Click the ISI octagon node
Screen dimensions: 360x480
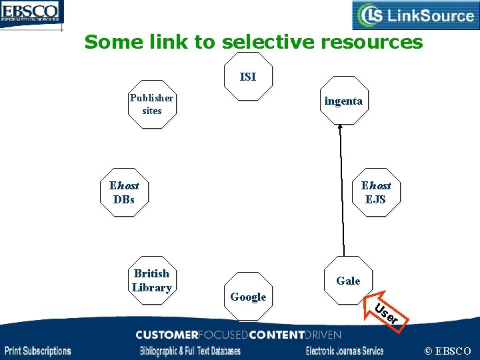click(x=247, y=77)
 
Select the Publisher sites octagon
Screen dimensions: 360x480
click(x=152, y=104)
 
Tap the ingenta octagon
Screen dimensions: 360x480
click(x=343, y=101)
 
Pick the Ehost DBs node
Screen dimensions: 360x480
click(x=124, y=192)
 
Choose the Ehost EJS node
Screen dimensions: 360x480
click(x=376, y=192)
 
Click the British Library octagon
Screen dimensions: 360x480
click(x=151, y=281)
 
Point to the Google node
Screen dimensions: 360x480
click(x=248, y=297)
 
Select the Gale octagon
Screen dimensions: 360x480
click(x=348, y=281)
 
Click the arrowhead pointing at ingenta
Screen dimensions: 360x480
click(x=339, y=128)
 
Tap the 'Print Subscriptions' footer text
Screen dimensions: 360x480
click(x=38, y=351)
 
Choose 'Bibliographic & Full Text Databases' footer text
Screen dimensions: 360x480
click(x=189, y=351)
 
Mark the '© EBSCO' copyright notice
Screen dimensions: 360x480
click(x=447, y=351)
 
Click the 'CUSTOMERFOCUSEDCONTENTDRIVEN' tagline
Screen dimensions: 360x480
click(x=238, y=335)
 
